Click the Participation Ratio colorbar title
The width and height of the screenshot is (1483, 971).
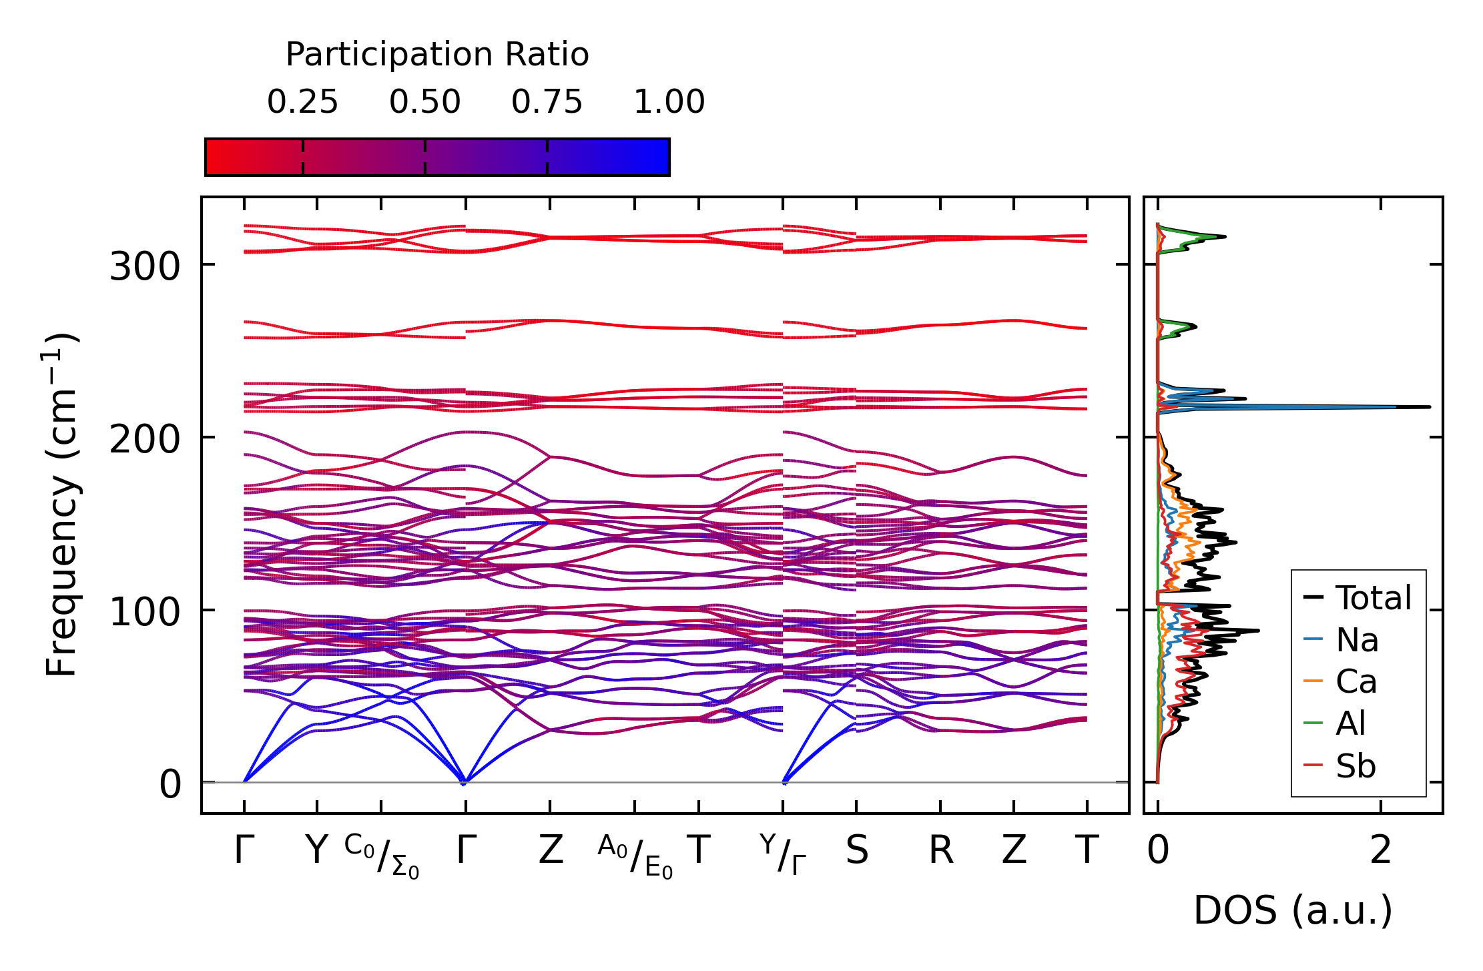[x=437, y=55]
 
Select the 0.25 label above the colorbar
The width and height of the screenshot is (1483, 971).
[x=302, y=102]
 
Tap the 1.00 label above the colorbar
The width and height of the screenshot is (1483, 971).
[x=669, y=102]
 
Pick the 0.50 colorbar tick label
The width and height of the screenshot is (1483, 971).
[x=425, y=102]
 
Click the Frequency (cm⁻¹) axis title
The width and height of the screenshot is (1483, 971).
[x=61, y=505]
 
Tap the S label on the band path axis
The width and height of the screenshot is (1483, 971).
[x=856, y=851]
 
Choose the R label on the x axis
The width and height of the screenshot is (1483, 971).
[x=940, y=851]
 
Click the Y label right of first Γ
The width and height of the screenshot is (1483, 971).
[x=316, y=851]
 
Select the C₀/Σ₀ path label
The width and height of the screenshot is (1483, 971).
[x=382, y=856]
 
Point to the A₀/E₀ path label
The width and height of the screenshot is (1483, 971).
[x=635, y=856]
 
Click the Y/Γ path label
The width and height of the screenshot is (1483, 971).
[x=783, y=854]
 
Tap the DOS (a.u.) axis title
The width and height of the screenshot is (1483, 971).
[x=1293, y=911]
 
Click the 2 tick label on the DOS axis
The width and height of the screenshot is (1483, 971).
[x=1380, y=851]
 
